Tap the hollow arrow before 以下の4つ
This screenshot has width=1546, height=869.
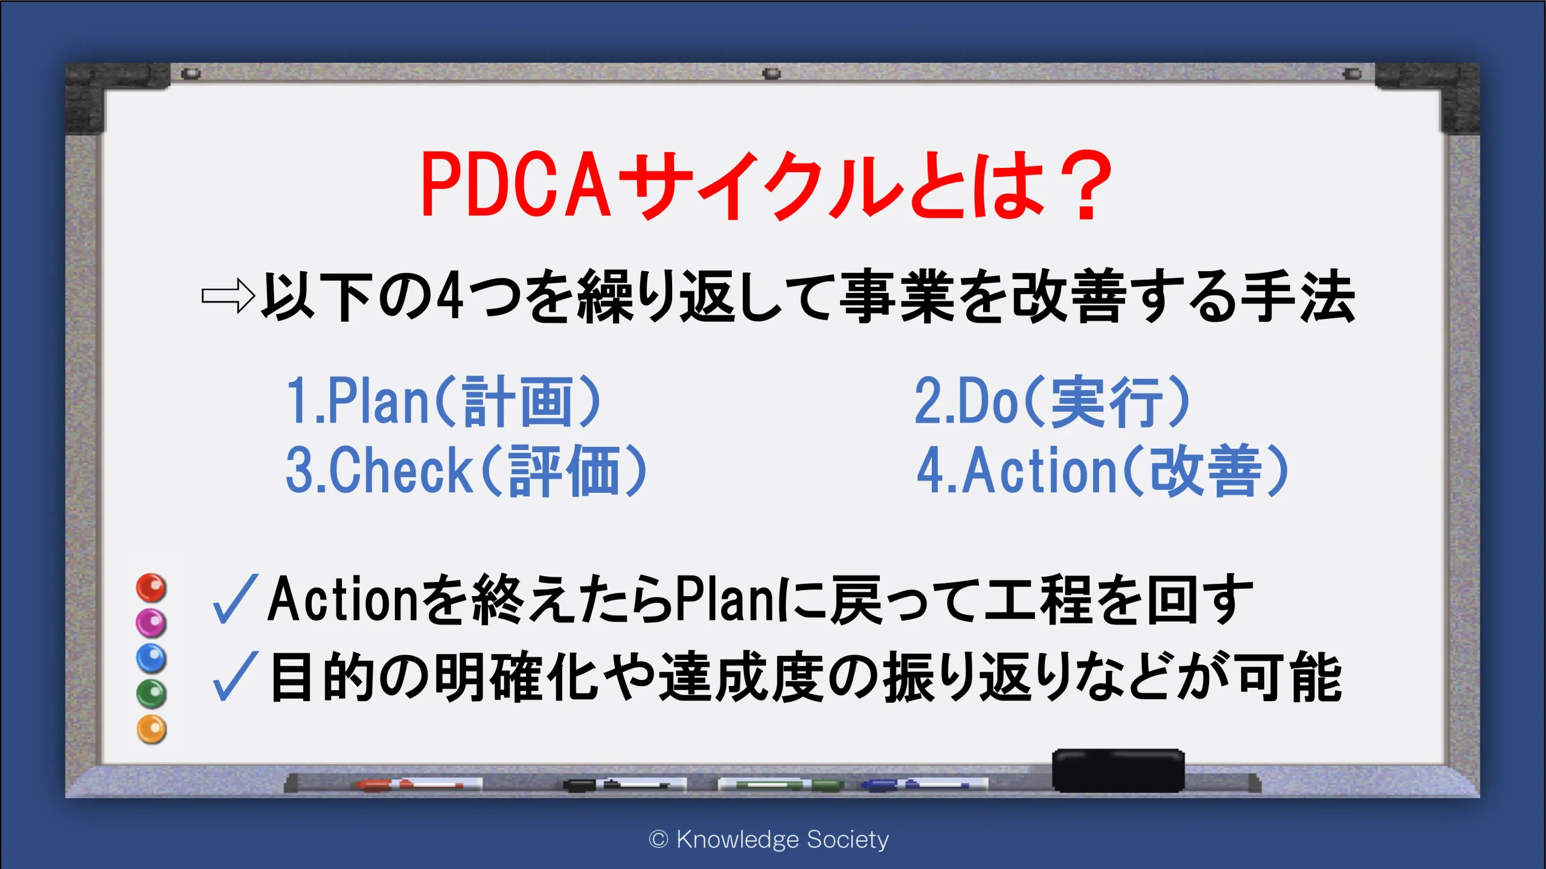pyautogui.click(x=228, y=296)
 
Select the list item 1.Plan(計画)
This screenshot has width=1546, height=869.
pyautogui.click(x=443, y=401)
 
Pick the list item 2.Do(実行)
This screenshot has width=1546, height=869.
pyautogui.click(x=1052, y=401)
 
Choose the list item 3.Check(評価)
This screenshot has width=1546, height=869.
pyautogui.click(x=466, y=470)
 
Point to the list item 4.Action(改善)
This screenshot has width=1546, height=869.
pyautogui.click(x=1103, y=470)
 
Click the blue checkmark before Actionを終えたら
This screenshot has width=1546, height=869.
pyautogui.click(x=236, y=598)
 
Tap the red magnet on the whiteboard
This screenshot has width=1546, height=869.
pyautogui.click(x=151, y=588)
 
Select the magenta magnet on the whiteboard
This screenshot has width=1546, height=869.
pyautogui.click(x=151, y=623)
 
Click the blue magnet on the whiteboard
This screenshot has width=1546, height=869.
pyautogui.click(x=151, y=658)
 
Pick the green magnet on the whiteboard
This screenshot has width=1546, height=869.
pyautogui.click(x=151, y=693)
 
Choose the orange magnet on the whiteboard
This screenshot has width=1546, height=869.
pyautogui.click(x=151, y=729)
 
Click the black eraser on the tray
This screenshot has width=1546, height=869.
pyautogui.click(x=1118, y=770)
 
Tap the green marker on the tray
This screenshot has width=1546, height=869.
pyautogui.click(x=780, y=784)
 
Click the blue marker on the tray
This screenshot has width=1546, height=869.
pyautogui.click(x=924, y=784)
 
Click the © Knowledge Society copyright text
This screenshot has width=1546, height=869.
pyautogui.click(x=769, y=839)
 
